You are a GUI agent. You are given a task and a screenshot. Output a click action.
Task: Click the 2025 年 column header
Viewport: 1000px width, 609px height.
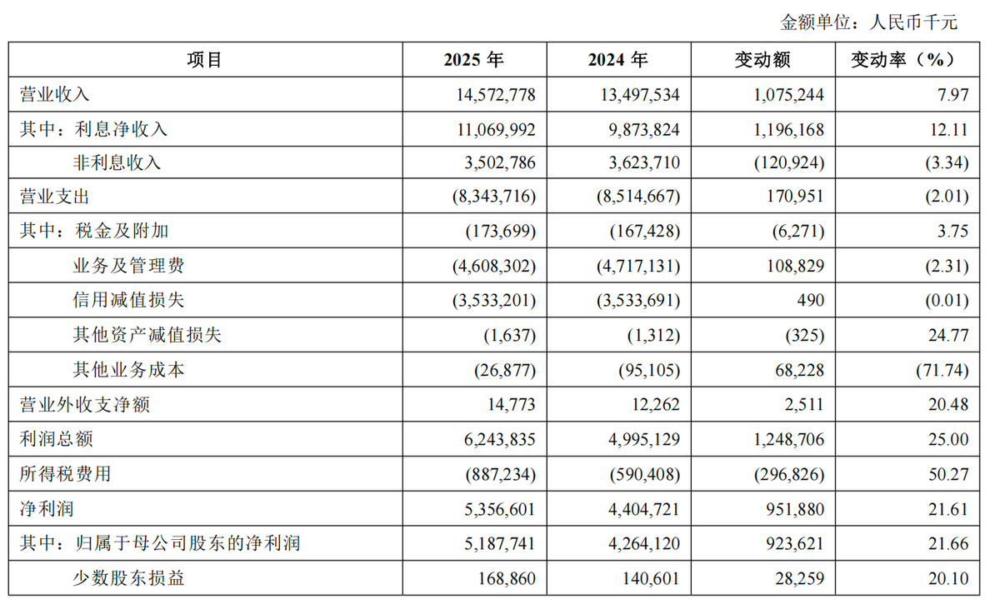click(x=474, y=60)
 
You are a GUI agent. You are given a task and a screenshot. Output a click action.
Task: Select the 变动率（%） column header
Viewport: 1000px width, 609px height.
click(x=907, y=60)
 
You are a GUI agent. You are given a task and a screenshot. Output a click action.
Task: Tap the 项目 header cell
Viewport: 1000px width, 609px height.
click(x=204, y=60)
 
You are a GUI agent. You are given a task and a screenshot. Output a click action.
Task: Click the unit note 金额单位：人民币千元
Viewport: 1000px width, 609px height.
click(x=868, y=22)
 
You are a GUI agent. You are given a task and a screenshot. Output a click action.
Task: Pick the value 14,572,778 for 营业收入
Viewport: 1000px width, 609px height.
click(x=496, y=95)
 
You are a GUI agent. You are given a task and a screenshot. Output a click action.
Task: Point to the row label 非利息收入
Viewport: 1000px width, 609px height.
click(x=117, y=162)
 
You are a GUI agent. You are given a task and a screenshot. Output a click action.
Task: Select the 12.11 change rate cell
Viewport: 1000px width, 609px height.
click(x=949, y=129)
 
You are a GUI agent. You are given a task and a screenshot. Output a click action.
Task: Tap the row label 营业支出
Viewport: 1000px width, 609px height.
click(x=54, y=197)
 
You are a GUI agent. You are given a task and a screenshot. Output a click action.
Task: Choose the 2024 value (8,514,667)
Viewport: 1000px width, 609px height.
click(x=638, y=197)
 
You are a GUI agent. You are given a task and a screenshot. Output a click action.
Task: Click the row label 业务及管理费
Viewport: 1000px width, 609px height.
click(x=128, y=266)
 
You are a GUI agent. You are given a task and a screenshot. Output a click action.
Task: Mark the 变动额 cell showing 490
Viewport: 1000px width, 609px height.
click(x=811, y=300)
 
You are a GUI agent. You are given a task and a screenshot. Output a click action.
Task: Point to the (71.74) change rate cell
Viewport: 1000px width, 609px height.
click(x=942, y=370)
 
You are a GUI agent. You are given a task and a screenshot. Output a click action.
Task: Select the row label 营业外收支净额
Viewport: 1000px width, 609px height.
click(x=85, y=405)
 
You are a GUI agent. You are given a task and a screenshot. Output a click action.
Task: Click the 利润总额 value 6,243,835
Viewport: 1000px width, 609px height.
click(x=499, y=439)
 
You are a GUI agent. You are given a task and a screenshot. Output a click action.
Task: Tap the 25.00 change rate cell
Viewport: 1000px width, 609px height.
click(x=948, y=439)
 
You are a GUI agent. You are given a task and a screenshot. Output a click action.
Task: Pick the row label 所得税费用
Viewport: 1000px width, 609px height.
click(x=65, y=474)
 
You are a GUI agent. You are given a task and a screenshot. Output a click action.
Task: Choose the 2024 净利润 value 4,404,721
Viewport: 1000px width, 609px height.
click(x=643, y=509)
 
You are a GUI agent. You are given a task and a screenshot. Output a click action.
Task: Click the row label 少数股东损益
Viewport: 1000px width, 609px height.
click(x=128, y=579)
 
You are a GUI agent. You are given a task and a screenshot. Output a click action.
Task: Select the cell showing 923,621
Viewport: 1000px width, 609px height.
click(x=795, y=543)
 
